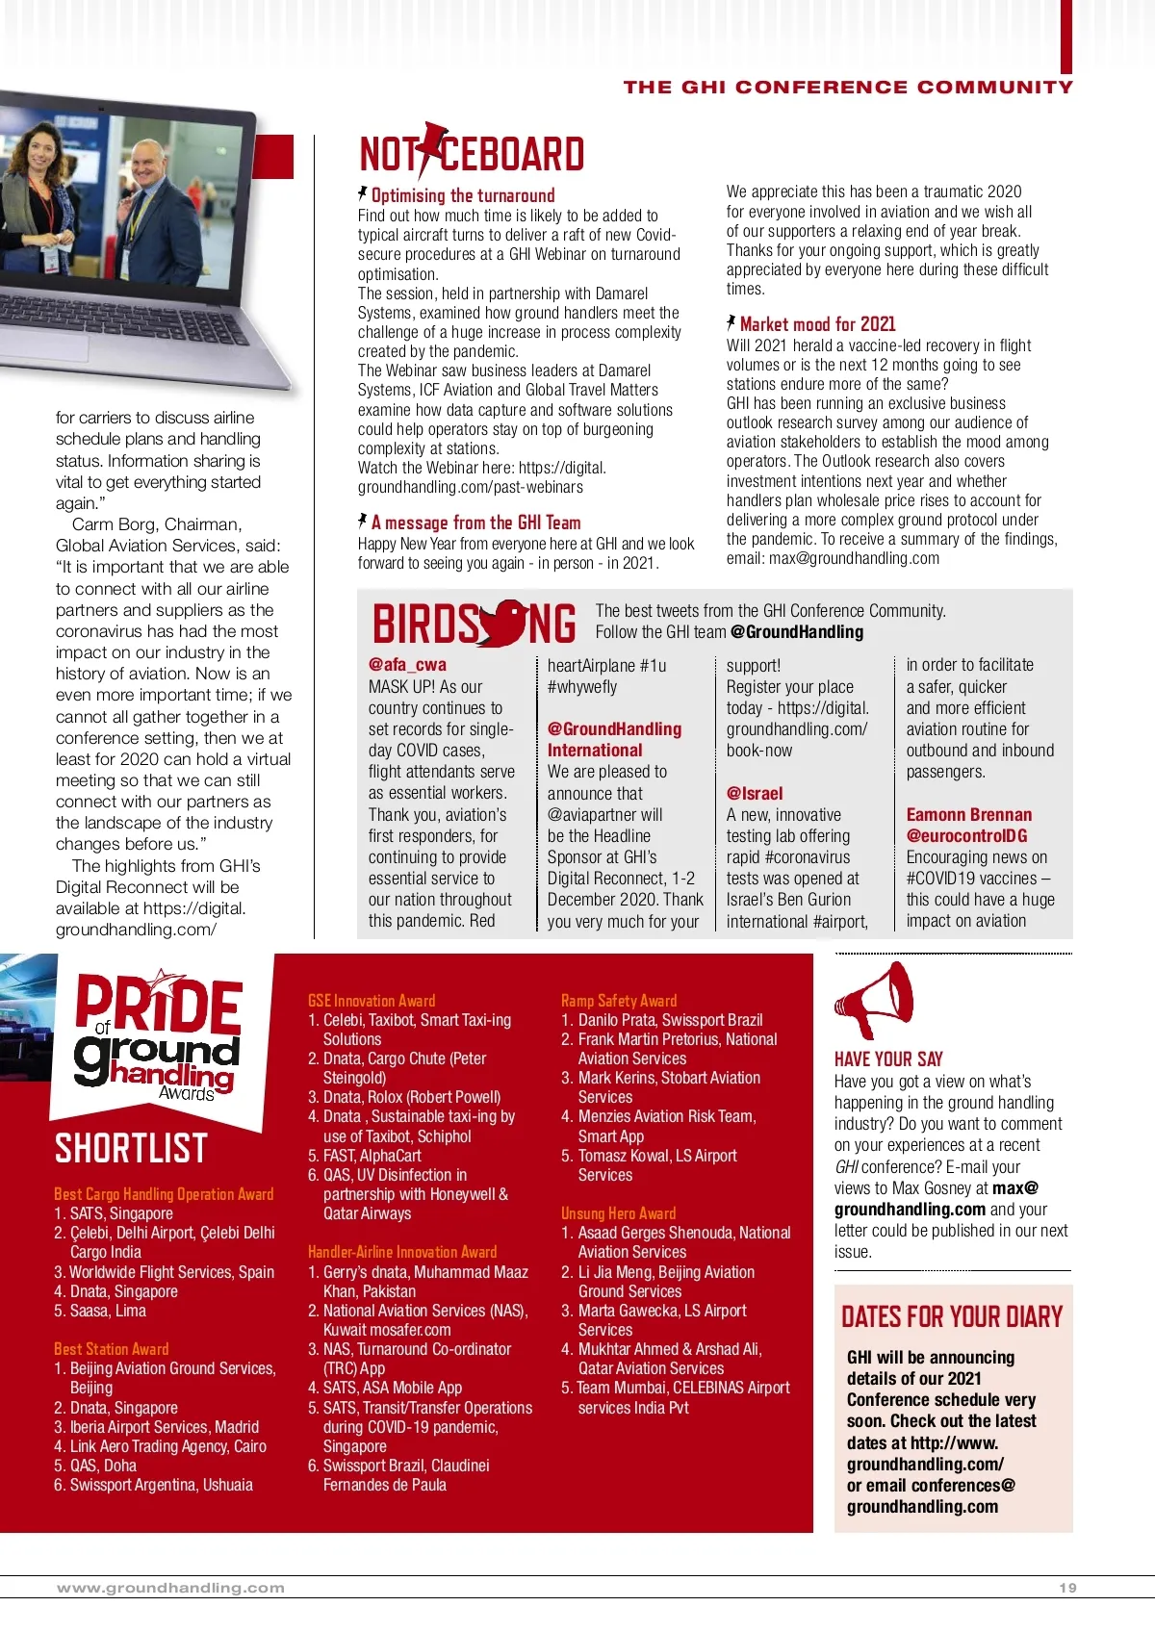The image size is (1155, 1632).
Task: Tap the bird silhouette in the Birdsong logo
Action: [504, 624]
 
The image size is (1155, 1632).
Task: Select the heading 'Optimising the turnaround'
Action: [462, 195]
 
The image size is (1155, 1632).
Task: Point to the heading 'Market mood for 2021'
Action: [817, 324]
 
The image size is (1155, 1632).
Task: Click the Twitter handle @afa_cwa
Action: [407, 664]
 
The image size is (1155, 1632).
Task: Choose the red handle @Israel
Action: [755, 793]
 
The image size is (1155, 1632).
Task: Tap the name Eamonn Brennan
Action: [968, 814]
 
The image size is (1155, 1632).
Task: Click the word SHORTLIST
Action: [131, 1148]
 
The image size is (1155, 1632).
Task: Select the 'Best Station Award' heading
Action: [112, 1349]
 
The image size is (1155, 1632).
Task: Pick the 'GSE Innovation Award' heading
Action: [372, 1001]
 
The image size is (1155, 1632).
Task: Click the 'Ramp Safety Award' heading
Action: [619, 1001]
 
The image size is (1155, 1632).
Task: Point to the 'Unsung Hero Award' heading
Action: [618, 1213]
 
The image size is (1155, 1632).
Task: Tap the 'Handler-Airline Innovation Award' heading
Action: [402, 1252]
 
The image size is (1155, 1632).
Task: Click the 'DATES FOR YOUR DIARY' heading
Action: [952, 1316]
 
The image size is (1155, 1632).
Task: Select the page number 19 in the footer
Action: [1067, 1588]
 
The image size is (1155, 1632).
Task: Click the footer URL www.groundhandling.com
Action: [170, 1588]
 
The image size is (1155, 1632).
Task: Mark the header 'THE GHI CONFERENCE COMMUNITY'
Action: [847, 87]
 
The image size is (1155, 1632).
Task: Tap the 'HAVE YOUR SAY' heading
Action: [888, 1058]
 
